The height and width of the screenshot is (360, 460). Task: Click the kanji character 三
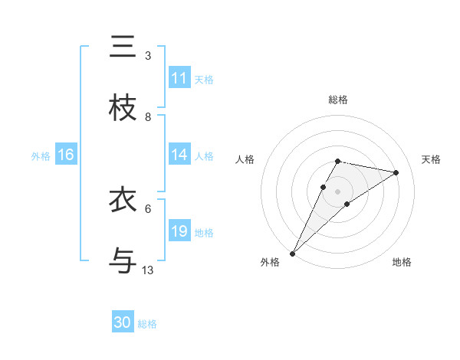coord(123,47)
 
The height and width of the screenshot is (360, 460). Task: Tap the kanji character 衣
coord(123,200)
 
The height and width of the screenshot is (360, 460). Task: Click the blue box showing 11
coord(179,78)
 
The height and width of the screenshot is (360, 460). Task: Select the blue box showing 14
coord(179,155)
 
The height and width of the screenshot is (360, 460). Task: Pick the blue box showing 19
coord(179,231)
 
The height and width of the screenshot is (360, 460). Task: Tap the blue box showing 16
coord(65,155)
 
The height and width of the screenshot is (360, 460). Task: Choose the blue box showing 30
coord(123,323)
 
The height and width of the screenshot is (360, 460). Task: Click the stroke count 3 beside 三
coord(148,56)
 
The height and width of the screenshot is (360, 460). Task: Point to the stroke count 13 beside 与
coord(148,270)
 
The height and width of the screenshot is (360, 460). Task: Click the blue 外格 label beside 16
coord(41,156)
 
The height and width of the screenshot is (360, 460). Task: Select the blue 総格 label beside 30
coord(147,324)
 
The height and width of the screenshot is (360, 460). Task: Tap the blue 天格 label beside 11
coord(204,79)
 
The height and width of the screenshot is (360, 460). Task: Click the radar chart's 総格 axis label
coord(337,100)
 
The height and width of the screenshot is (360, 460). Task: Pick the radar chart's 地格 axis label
coord(402,262)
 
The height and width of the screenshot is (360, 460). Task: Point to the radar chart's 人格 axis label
coord(245,159)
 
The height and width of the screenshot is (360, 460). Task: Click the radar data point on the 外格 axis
coord(292,253)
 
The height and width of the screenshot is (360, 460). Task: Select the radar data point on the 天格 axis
coord(396,172)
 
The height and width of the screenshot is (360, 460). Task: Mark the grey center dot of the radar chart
coord(337,191)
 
